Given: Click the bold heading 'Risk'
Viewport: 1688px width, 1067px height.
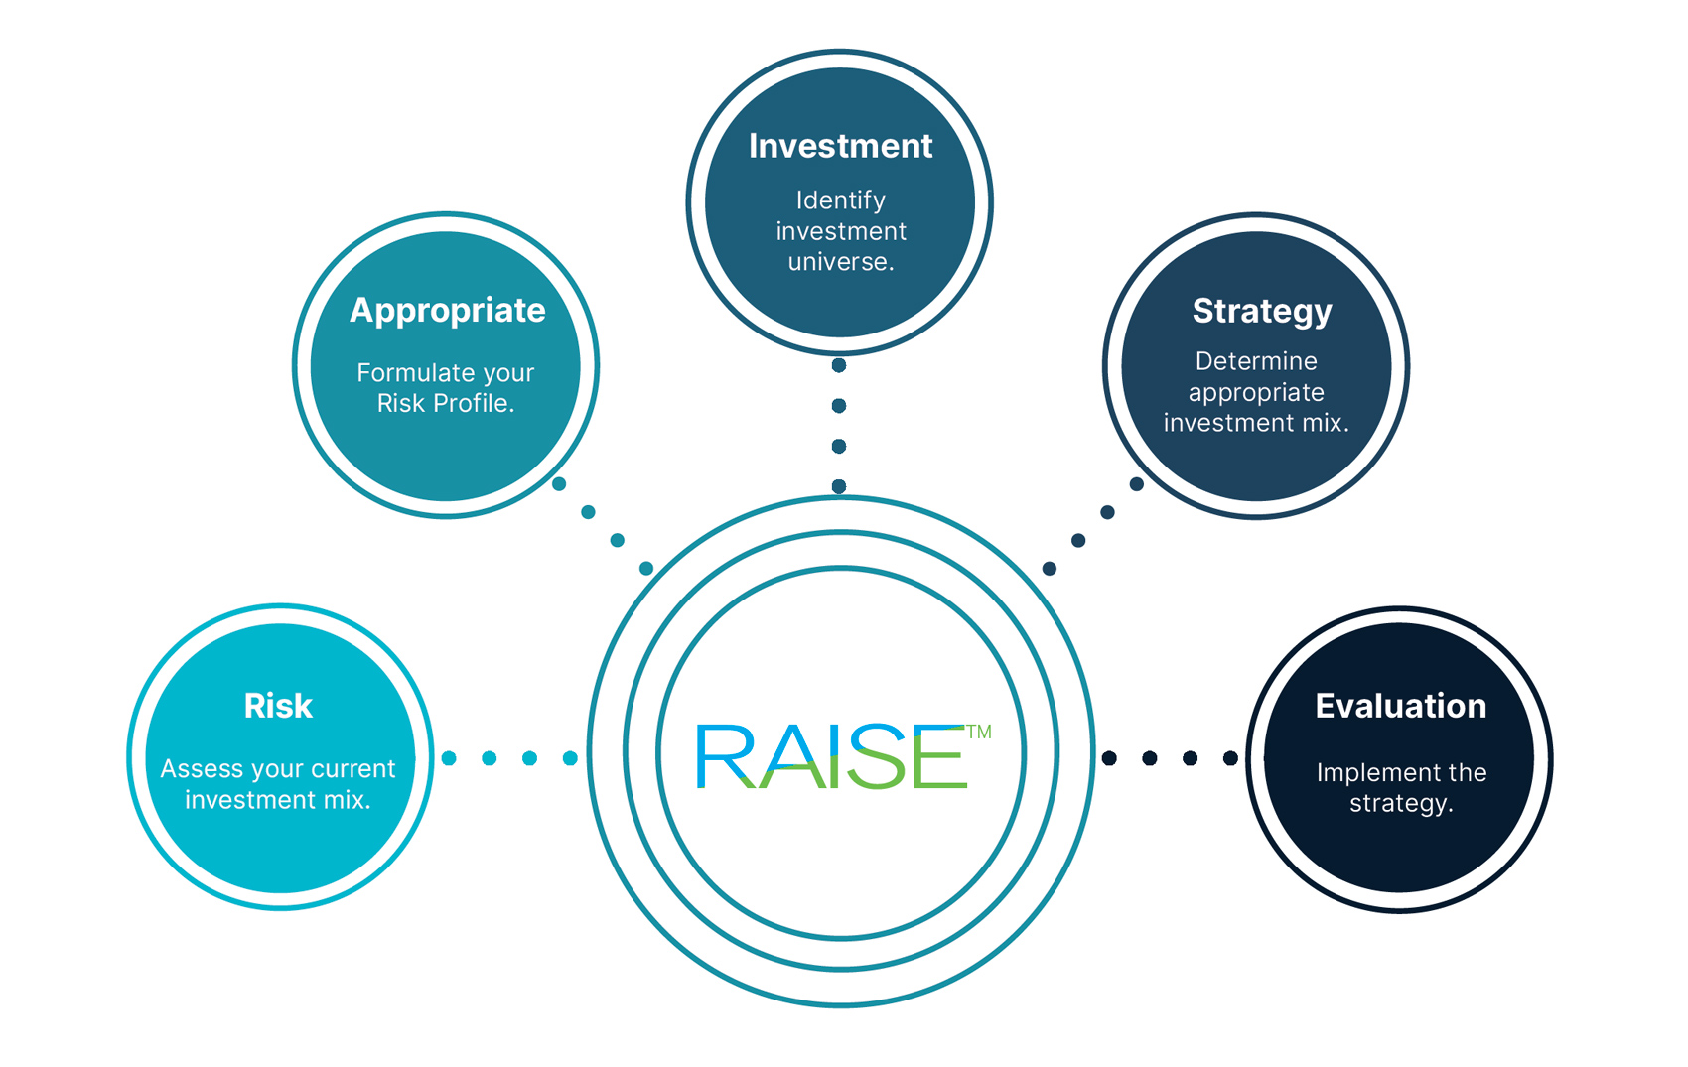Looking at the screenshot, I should [278, 706].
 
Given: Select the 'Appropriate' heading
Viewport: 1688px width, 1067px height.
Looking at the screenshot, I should [447, 311].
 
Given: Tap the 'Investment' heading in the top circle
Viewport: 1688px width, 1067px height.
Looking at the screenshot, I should [840, 146].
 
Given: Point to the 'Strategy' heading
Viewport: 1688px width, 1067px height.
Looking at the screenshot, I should [1261, 312].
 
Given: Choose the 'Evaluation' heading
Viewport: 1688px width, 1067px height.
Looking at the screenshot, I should [1400, 706].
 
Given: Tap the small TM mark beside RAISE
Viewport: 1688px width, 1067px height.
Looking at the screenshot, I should [979, 733].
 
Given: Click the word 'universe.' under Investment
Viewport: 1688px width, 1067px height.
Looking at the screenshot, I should [841, 262].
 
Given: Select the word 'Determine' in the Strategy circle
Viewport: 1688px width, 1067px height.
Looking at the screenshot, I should [1256, 361].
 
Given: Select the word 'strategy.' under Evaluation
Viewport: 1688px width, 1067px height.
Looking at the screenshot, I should [1400, 803].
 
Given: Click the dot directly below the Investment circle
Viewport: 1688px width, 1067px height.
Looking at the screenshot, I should [839, 366].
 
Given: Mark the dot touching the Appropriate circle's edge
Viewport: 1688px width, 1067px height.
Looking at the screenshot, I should [559, 484].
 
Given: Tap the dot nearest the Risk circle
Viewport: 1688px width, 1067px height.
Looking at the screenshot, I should [449, 758].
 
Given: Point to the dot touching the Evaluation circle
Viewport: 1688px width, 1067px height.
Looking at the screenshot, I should [1230, 758].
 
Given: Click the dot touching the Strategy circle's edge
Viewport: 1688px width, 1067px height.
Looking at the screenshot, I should [1137, 484].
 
